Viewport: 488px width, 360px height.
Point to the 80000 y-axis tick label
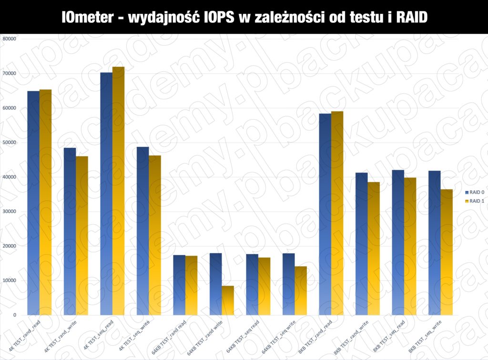(x=10, y=39)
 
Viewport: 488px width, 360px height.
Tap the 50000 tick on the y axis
(x=10, y=143)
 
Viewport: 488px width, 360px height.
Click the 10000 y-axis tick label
(x=10, y=280)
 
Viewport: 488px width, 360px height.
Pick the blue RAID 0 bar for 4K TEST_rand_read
(x=33, y=203)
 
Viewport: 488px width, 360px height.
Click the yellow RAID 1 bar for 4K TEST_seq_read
(x=118, y=191)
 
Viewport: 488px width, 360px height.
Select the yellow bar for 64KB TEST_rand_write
(x=228, y=300)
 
